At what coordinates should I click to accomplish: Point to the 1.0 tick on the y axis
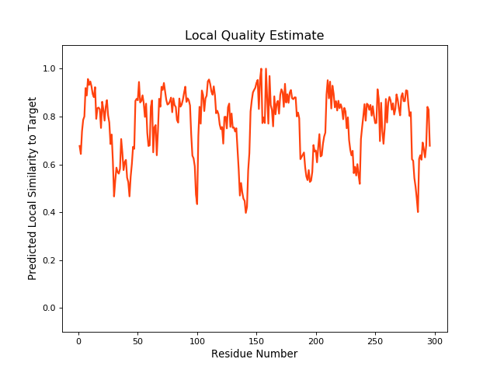coord(50,69)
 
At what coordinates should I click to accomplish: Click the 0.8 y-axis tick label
coord(50,117)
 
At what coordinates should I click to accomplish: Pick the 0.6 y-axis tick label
coord(50,165)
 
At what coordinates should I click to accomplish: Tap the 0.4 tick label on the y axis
coord(50,213)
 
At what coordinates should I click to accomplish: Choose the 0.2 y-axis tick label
coord(50,260)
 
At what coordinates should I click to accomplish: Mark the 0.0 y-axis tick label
coord(50,309)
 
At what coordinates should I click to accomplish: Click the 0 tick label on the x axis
coord(78,340)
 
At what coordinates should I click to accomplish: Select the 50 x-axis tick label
coord(137,340)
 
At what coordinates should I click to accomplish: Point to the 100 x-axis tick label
coord(197,340)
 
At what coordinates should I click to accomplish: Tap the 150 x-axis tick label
coord(256,340)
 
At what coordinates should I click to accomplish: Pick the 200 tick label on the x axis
coord(316,340)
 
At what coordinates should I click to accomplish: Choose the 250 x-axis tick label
coord(375,340)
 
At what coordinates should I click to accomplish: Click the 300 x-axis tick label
coord(435,340)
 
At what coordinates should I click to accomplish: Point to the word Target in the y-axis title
coord(33,113)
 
